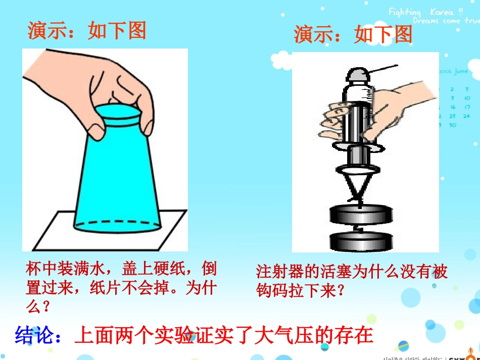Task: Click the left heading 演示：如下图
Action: tap(86, 31)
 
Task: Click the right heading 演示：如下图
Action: tap(353, 34)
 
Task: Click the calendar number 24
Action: tap(466, 116)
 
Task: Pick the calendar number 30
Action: tap(452, 125)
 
